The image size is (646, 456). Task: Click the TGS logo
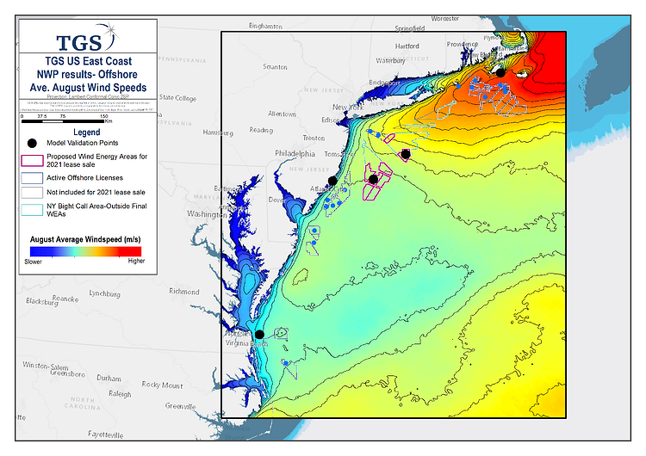click(84, 41)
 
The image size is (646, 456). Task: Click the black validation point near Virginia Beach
click(259, 335)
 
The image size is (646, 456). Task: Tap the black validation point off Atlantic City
click(332, 181)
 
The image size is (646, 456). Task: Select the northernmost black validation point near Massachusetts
click(500, 73)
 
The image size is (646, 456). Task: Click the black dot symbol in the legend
click(32, 143)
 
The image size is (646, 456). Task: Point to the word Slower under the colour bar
click(34, 260)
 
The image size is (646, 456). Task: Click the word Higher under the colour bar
click(136, 260)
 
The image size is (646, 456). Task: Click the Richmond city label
click(184, 292)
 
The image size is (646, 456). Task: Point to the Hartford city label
click(407, 46)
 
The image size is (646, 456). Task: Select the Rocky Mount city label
click(162, 385)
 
